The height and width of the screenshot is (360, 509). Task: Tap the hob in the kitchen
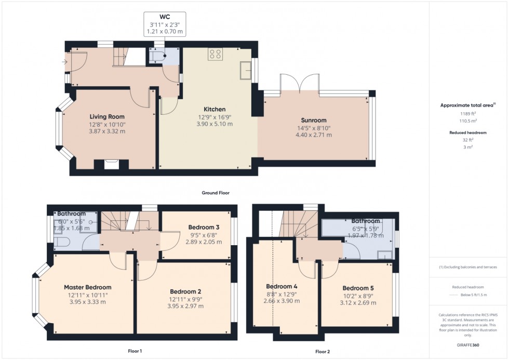[x=216, y=54]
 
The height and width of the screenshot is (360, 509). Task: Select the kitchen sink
[x=245, y=71]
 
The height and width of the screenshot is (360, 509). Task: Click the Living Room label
[x=106, y=117]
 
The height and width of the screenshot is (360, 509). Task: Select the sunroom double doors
[x=299, y=83]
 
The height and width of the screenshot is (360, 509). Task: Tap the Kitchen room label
[x=214, y=110]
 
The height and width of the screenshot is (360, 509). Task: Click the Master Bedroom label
[x=87, y=287]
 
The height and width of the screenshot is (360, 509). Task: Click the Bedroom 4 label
[x=282, y=286]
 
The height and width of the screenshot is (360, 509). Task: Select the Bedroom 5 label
[x=358, y=288]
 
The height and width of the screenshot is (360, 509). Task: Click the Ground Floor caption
[x=216, y=193]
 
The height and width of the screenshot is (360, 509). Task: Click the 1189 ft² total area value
[x=468, y=113]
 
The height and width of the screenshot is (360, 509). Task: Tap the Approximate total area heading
[x=466, y=105]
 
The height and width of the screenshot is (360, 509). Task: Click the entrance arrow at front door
[x=64, y=62]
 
